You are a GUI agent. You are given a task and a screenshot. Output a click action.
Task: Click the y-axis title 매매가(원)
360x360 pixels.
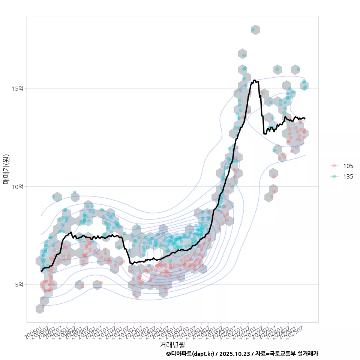click(x=6, y=169)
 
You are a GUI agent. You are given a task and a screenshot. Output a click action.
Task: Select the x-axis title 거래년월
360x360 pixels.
click(x=172, y=344)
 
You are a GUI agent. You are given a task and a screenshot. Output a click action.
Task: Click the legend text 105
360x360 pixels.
click(x=348, y=166)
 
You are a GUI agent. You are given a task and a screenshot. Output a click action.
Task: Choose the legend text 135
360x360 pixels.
click(x=348, y=176)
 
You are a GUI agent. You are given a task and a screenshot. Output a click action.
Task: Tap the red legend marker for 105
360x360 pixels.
click(x=334, y=166)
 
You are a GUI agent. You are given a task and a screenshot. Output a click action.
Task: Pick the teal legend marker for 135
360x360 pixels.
click(x=334, y=176)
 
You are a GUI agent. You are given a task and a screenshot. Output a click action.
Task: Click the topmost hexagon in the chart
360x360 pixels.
click(x=255, y=30)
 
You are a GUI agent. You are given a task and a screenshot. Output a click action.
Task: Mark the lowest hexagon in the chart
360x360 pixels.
click(x=40, y=309)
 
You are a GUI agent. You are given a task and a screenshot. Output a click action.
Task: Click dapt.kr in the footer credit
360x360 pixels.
click(x=204, y=354)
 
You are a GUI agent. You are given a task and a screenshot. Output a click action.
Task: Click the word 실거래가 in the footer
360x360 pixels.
click(x=308, y=354)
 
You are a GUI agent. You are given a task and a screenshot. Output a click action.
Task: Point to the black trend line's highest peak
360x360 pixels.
click(x=255, y=80)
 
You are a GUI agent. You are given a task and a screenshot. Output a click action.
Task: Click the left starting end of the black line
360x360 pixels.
click(x=41, y=271)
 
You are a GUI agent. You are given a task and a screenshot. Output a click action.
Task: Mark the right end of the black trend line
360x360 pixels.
click(x=305, y=118)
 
